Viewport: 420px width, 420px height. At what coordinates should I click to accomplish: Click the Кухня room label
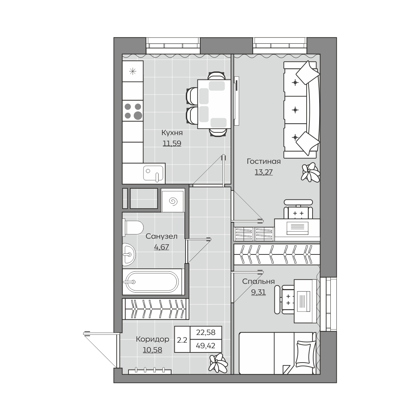tap(172, 133)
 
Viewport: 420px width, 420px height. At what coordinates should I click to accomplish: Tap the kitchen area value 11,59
tap(172, 143)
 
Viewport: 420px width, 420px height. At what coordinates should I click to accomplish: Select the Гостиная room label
tap(264, 161)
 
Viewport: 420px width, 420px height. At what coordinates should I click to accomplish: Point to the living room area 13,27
tap(264, 172)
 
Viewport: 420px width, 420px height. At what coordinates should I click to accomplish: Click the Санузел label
tap(161, 236)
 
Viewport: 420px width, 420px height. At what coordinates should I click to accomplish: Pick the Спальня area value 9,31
tap(259, 292)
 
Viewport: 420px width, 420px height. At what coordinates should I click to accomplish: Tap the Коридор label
tap(152, 339)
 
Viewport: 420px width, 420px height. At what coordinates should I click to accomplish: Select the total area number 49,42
tap(205, 345)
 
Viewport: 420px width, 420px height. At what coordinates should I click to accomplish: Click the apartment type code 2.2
tap(182, 340)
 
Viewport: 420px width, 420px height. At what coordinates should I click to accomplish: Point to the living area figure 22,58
tap(205, 332)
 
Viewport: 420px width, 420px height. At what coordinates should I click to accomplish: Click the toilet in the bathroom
tap(133, 227)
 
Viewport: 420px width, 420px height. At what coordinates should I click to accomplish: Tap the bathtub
tap(152, 282)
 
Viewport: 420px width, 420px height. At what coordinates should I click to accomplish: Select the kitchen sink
tap(153, 173)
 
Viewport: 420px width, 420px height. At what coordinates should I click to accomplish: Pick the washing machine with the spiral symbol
tap(173, 200)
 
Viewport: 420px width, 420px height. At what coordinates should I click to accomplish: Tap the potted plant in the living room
tap(310, 172)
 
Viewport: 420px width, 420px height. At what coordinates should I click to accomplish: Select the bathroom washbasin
tap(129, 254)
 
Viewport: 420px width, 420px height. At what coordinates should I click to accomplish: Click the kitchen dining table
tap(214, 104)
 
